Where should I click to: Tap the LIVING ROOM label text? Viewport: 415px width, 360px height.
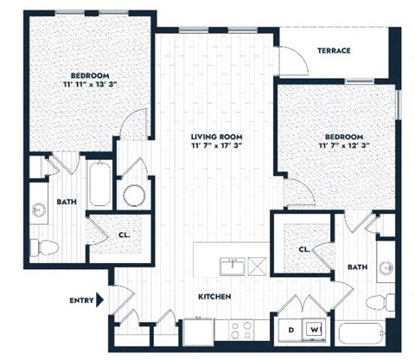[x=217, y=137]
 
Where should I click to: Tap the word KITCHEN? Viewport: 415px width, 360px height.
[x=214, y=296]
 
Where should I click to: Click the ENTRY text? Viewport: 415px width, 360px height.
[x=81, y=300]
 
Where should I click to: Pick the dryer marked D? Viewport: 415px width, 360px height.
[x=290, y=330]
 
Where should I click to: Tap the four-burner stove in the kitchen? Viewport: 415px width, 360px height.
[x=239, y=330]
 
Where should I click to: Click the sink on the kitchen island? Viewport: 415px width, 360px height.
[x=231, y=265]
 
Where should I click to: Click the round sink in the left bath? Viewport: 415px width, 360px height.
[x=39, y=209]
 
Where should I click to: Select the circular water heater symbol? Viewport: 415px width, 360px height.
[x=134, y=195]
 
